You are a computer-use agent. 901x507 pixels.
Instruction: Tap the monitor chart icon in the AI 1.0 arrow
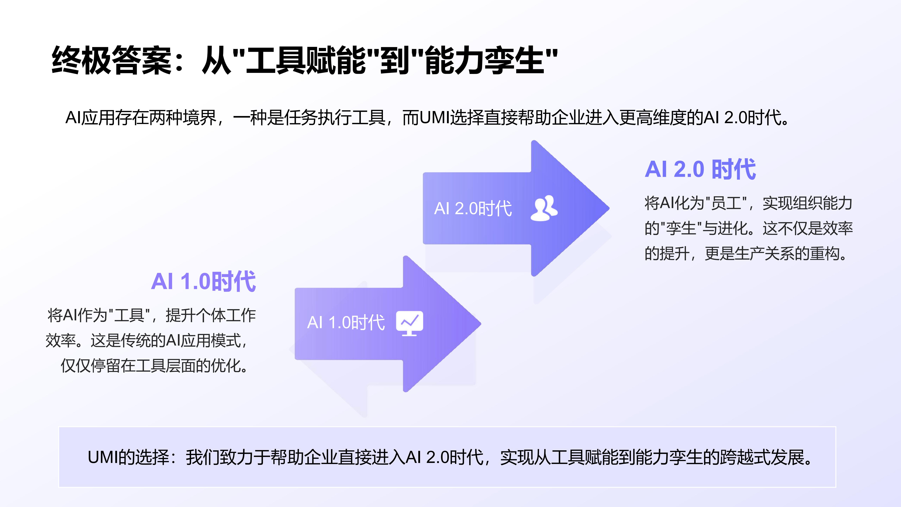(x=409, y=323)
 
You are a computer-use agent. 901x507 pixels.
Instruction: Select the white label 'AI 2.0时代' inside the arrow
(x=473, y=209)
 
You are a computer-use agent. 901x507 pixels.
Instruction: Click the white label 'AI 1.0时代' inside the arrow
(x=346, y=323)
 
